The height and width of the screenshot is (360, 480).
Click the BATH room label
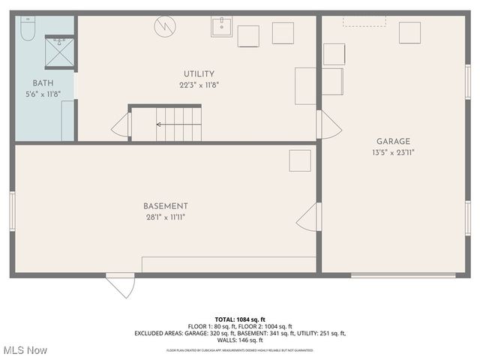click(42, 83)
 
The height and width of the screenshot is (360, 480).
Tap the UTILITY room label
click(199, 74)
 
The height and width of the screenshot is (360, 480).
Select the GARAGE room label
click(393, 141)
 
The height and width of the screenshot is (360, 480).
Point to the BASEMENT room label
click(166, 206)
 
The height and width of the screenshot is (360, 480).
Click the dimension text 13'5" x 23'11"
click(393, 152)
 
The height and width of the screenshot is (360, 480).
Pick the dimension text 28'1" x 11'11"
click(166, 217)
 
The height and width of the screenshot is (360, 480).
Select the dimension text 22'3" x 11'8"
click(199, 85)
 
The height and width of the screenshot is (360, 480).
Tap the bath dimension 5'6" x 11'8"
click(42, 94)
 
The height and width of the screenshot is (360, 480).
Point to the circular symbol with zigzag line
click(164, 26)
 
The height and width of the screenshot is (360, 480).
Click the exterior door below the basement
click(121, 285)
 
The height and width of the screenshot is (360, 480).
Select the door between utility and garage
click(327, 124)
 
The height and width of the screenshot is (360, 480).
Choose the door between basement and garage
click(307, 218)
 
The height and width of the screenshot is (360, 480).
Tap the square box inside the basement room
click(300, 160)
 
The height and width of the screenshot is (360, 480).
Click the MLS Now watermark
click(24, 350)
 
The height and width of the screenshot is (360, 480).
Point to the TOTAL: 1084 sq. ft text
click(239, 319)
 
